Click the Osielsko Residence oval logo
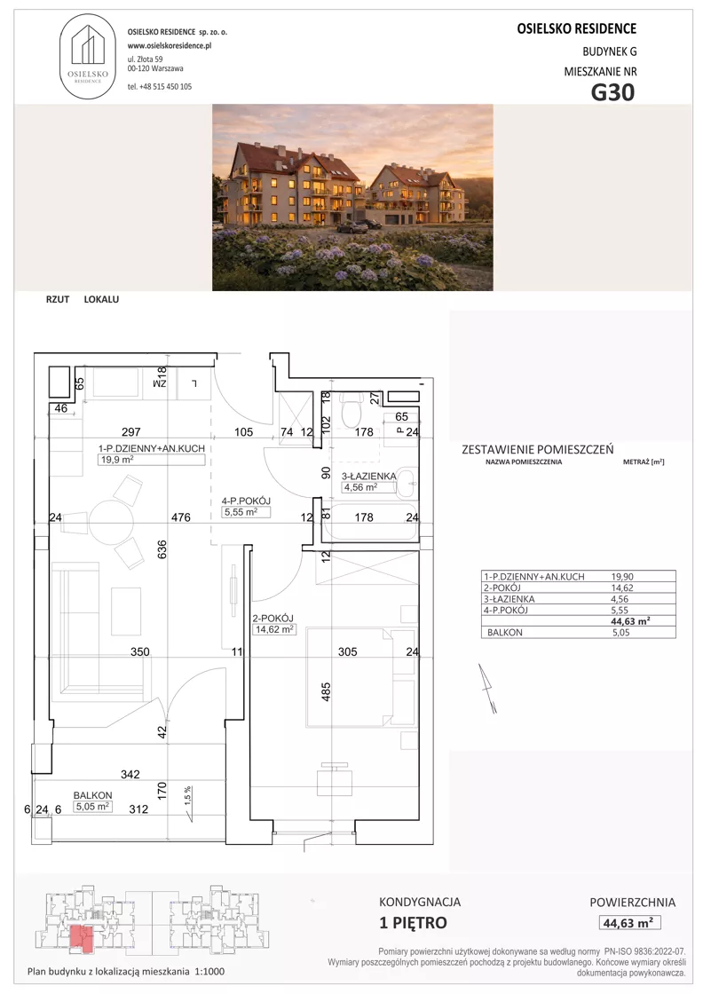tap(88, 57)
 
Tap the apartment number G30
tap(612, 92)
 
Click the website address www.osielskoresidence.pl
tap(170, 45)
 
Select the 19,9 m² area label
tap(116, 461)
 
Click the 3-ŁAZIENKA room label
tap(369, 476)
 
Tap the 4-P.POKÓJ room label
tap(247, 501)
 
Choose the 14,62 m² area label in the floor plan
tap(274, 629)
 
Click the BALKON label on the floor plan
tap(92, 795)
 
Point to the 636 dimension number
tap(162, 549)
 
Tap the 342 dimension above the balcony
tap(130, 774)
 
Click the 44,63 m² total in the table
tap(631, 621)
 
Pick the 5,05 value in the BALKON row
tap(621, 632)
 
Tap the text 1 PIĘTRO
tap(413, 922)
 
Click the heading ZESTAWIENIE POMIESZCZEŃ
tap(538, 449)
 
